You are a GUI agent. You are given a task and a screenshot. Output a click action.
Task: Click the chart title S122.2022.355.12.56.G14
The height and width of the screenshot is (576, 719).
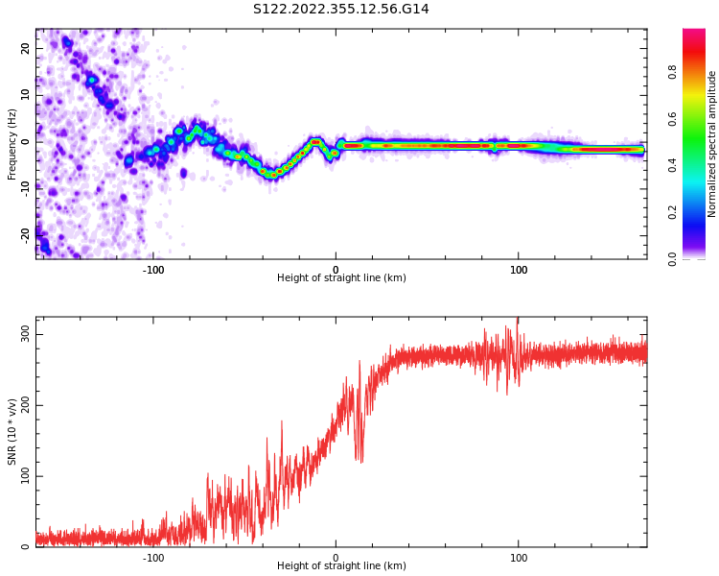coord(341,10)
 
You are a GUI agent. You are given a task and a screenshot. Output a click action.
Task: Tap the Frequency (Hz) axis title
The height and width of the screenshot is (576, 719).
coord(12,143)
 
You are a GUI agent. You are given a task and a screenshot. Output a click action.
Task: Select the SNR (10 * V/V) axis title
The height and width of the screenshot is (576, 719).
coord(12,432)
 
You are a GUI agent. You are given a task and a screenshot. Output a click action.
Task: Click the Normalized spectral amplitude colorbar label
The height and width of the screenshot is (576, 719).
coord(712,143)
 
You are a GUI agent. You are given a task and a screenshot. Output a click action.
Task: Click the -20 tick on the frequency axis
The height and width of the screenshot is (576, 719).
coord(24,234)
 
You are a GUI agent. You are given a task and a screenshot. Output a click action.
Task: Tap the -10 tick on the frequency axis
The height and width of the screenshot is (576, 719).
coord(24,188)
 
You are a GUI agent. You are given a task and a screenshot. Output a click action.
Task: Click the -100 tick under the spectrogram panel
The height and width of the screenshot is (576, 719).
coord(152,270)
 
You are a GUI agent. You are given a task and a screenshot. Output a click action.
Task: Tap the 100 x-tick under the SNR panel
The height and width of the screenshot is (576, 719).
coord(519,558)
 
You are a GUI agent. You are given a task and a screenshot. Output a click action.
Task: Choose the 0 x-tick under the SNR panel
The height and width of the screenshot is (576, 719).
coord(336,558)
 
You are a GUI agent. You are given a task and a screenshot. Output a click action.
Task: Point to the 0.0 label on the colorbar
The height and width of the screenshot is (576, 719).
coord(672,258)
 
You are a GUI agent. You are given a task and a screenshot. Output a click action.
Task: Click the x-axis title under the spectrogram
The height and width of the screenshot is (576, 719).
coord(341,278)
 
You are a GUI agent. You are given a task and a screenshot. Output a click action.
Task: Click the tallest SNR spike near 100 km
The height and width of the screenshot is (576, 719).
coord(518,321)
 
